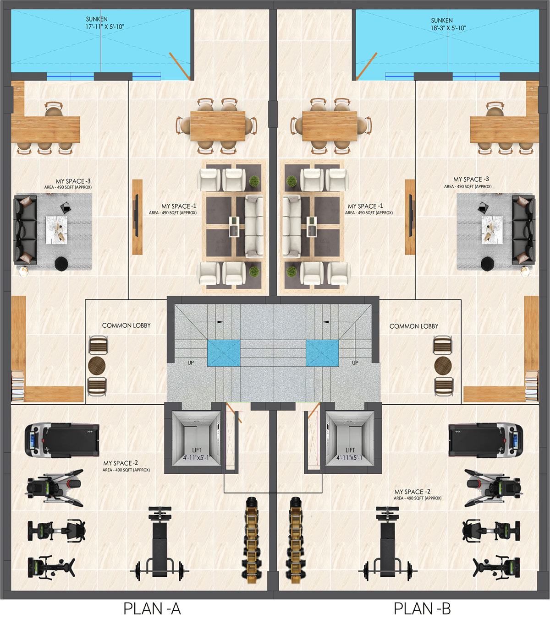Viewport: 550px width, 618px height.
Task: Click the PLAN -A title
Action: [152, 608]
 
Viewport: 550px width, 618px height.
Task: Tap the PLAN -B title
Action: [422, 608]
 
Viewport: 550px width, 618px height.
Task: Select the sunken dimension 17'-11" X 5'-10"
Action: [104, 27]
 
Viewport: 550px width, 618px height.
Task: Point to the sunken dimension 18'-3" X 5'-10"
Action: [448, 28]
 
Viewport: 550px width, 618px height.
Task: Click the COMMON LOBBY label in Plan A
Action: [126, 325]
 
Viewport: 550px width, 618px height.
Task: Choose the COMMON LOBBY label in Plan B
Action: [414, 326]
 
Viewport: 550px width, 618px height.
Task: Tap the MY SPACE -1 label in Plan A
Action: [179, 206]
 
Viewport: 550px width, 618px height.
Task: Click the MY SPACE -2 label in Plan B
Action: [412, 492]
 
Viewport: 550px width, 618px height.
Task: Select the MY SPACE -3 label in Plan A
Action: [73, 181]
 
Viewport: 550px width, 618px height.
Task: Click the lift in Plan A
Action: [196, 439]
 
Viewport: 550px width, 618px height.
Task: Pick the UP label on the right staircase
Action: [355, 363]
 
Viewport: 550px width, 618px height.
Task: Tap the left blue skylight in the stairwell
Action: [224, 353]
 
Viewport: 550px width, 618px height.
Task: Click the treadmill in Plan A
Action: [62, 440]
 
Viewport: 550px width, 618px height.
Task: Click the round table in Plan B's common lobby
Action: [443, 366]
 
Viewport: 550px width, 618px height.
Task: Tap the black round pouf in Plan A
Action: [61, 264]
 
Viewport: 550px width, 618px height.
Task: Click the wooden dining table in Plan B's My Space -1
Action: [330, 126]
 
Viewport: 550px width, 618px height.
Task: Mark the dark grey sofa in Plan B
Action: [523, 230]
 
